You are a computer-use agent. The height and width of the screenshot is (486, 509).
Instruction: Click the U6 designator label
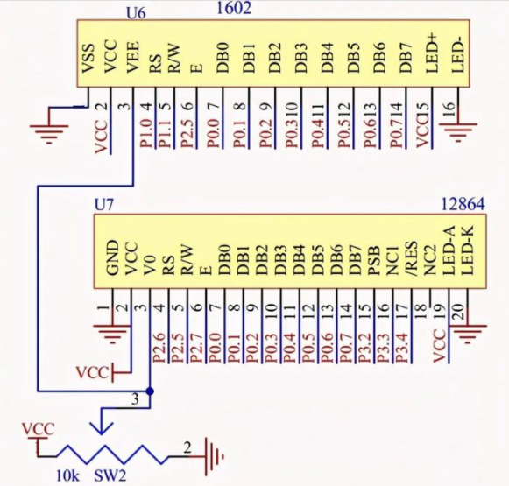[x=136, y=13]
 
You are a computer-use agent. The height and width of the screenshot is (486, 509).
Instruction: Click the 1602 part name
[x=234, y=8]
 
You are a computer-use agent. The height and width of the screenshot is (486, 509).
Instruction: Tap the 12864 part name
[x=463, y=204]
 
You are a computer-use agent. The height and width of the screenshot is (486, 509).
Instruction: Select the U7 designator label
[x=104, y=205]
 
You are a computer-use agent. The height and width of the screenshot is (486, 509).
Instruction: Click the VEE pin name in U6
[x=133, y=58]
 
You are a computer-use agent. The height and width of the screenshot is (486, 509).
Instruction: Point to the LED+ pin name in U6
[x=432, y=53]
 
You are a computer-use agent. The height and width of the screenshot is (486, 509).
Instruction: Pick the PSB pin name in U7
[x=373, y=261]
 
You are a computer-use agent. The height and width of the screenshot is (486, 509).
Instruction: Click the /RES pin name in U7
[x=411, y=258]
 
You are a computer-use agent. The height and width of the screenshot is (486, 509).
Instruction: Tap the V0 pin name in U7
[x=150, y=265]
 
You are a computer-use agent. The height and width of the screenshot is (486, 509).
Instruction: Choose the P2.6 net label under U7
[x=159, y=348]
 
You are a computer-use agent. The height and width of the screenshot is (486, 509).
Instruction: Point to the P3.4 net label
[x=402, y=348]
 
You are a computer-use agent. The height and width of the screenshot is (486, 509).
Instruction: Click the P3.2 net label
[x=364, y=348]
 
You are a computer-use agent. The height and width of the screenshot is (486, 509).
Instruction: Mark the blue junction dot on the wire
[x=150, y=391]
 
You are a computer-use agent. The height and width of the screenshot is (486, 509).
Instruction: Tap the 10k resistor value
[x=67, y=476]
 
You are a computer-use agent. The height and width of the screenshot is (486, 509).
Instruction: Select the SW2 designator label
[x=110, y=476]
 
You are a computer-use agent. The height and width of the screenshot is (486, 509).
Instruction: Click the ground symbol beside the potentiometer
[x=214, y=457]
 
